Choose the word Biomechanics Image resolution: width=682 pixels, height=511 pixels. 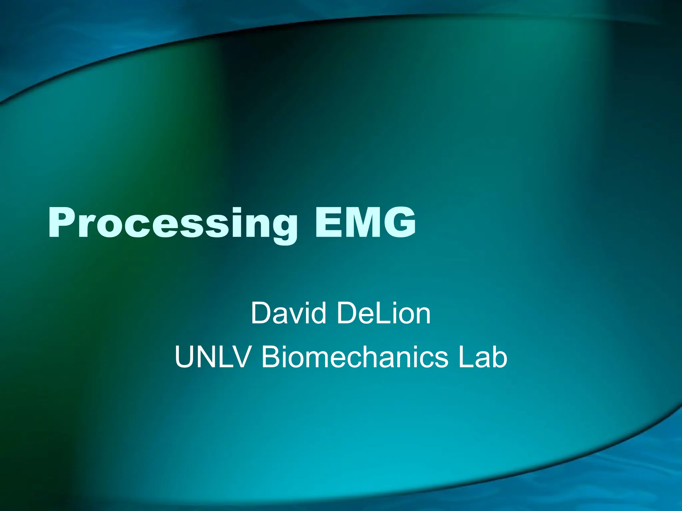pos(355,357)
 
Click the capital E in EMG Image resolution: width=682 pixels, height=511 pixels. pos(328,222)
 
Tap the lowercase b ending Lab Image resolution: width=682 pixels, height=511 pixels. pos(500,357)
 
